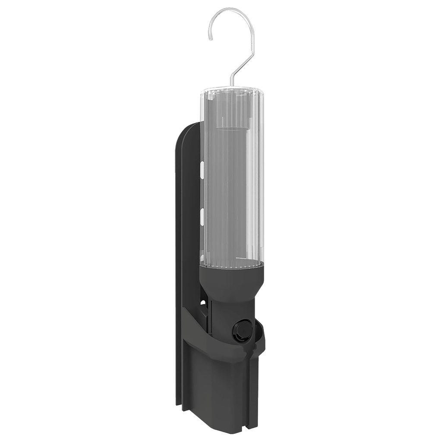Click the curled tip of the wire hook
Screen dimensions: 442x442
tap(210, 38)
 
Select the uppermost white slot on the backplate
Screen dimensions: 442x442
tap(202, 169)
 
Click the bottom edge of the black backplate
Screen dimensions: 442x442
tap(179, 404)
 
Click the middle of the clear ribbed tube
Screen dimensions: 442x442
tap(232, 181)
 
